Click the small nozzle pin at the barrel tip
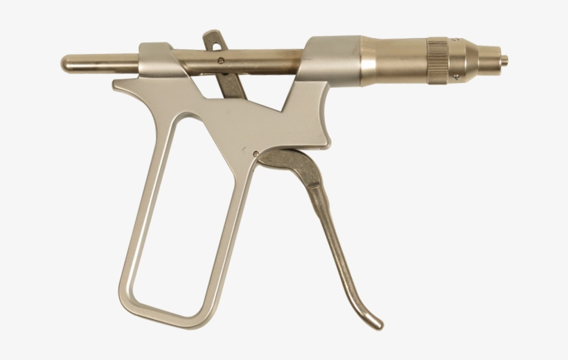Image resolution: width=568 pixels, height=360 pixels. coord(504,60)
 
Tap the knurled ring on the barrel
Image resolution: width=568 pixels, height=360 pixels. coord(437,62)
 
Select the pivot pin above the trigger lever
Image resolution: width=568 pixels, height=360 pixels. coord(256,153)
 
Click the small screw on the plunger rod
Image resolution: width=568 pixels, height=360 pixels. coord(220,61)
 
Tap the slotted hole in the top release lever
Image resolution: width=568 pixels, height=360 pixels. coord(214,42)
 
